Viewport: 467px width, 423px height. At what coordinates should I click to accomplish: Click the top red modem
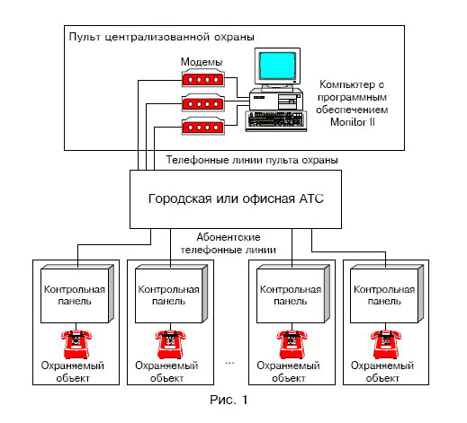point(203,78)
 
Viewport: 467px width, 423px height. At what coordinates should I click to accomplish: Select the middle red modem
point(203,102)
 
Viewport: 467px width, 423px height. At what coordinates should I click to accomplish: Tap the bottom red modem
point(203,126)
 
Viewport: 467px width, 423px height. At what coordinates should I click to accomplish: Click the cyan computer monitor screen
point(277,66)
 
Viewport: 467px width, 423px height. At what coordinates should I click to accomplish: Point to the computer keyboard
point(276,121)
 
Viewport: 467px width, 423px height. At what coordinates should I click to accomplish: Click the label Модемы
point(202,62)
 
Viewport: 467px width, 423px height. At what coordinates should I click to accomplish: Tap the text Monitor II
point(353,122)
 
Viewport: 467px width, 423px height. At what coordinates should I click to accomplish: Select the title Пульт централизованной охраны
point(162,37)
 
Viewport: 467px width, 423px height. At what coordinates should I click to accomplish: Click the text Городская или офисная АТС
point(236,198)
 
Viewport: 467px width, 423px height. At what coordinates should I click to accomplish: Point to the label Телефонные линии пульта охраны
point(252,160)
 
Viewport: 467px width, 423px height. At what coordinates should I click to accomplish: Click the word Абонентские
point(229,237)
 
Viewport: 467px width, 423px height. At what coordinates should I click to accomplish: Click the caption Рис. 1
point(229,400)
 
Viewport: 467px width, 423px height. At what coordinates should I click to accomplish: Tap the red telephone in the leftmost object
point(76,344)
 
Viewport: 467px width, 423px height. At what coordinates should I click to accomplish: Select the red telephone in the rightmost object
point(386,344)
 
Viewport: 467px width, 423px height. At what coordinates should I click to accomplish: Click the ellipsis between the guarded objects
point(229,363)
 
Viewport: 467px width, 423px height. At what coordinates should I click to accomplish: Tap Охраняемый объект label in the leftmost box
point(73,372)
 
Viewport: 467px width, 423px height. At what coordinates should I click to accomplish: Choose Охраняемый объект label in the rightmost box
point(382,372)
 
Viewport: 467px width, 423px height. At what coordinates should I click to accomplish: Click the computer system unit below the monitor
point(276,100)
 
